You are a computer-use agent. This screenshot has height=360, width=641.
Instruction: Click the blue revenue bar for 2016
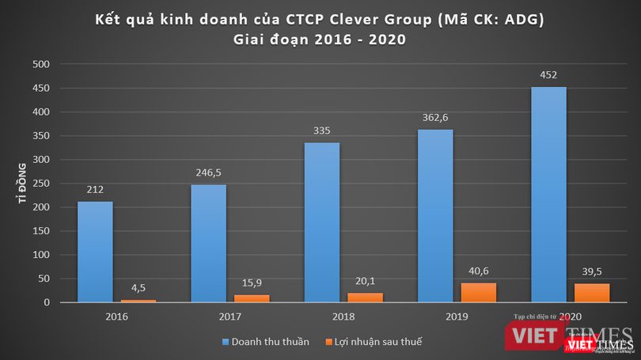pos(95,252)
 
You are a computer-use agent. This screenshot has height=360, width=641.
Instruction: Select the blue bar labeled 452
pos(548,195)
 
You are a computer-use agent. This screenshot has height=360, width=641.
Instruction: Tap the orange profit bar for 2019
pos(478,293)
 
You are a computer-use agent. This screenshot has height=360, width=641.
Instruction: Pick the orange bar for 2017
pos(252,298)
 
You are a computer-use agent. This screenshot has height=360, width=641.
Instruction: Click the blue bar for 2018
pos(321,222)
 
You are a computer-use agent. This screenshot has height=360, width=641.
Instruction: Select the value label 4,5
pos(138,287)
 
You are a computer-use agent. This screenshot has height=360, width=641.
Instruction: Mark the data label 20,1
pos(365,279)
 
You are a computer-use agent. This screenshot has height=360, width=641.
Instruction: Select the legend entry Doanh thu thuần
pos(265,342)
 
